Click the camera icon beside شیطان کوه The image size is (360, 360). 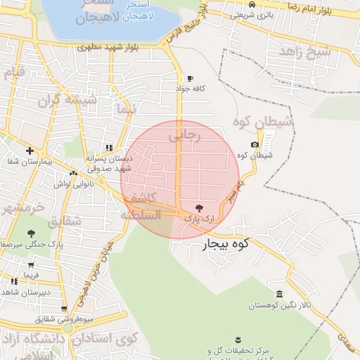255,144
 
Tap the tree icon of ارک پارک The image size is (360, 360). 199,208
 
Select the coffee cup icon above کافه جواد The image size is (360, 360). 190,78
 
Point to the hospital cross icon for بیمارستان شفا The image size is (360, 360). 30,150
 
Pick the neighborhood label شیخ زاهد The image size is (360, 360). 304,51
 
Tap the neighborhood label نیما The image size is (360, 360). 127,111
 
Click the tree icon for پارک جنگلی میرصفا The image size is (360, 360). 30,233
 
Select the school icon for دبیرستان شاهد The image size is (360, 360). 14,281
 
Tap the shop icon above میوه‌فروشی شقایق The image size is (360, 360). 65,308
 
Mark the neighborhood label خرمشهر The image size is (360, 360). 22,207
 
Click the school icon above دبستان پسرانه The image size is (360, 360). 108,148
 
